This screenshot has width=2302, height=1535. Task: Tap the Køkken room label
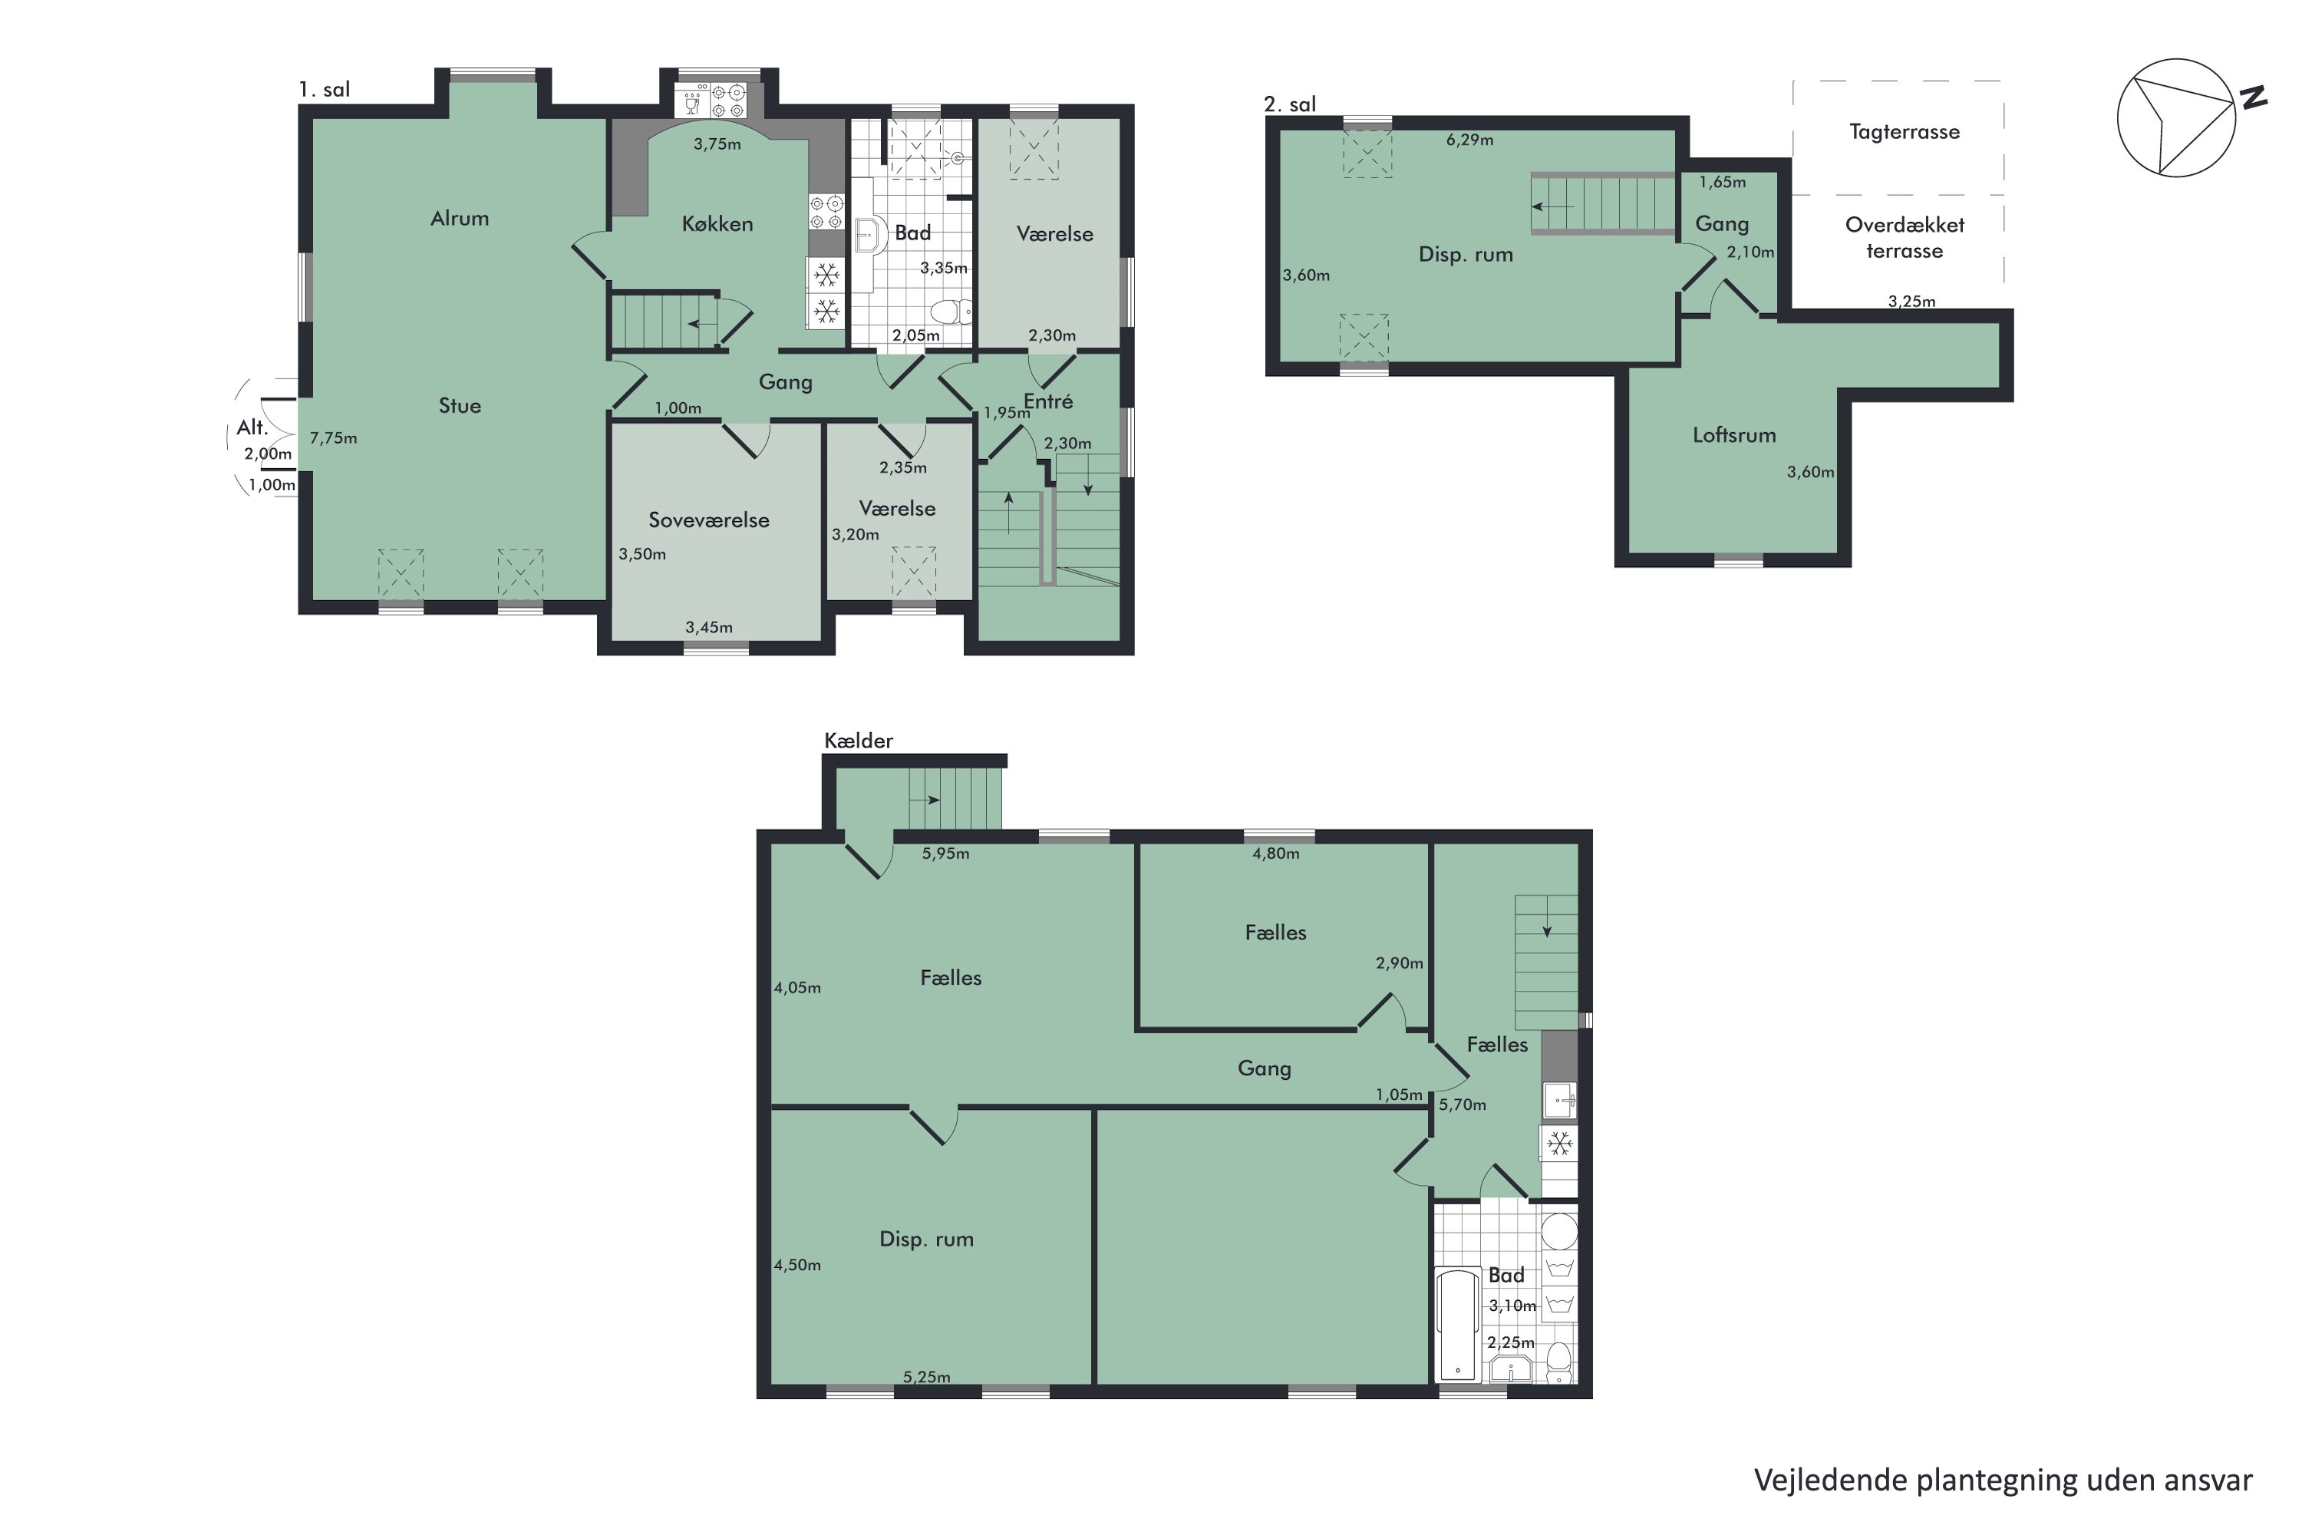(717, 224)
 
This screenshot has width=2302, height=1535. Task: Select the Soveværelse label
(708, 520)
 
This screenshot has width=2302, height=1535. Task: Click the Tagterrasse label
(1904, 132)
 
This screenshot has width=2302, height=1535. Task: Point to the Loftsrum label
(1734, 434)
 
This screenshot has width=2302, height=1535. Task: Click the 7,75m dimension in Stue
(334, 438)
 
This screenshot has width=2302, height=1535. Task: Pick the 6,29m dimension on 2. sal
(1470, 140)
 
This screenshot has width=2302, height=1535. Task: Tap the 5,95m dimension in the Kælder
(945, 853)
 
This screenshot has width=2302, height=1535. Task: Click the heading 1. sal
(324, 90)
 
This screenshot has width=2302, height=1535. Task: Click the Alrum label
(459, 218)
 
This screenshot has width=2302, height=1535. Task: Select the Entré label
(1048, 401)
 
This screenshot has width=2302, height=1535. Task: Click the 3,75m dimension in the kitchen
(717, 145)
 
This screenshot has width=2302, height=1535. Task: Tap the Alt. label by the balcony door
(252, 427)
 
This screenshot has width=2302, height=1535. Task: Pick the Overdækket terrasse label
(1905, 238)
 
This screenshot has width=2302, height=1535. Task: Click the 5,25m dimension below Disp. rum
(927, 1376)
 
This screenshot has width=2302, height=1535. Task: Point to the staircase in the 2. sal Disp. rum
(1603, 203)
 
